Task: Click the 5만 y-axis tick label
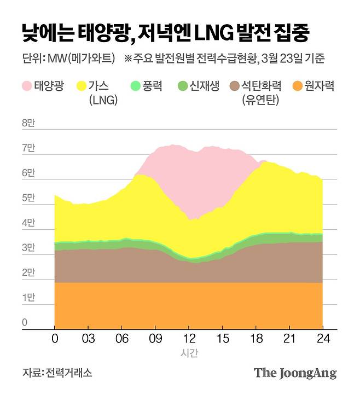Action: pos(28,198)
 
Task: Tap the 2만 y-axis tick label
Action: pos(28,273)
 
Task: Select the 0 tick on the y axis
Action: pos(25,323)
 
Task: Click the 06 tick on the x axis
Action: pos(123,339)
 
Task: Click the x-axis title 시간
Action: pos(189,353)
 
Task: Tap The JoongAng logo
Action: pos(295,373)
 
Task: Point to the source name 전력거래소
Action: pos(69,373)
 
